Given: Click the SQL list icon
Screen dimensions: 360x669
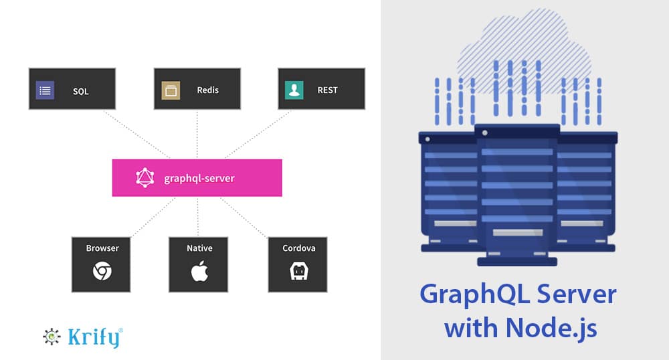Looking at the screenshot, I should coord(45,90).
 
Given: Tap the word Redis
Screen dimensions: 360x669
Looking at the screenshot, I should coord(207,90).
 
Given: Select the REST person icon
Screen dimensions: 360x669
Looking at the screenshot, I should coord(294,90).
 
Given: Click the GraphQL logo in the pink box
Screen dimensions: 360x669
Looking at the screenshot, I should coord(145,178).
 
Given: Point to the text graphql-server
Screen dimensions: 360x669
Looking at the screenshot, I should coord(199,179).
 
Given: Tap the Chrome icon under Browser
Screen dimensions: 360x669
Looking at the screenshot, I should coord(102,271).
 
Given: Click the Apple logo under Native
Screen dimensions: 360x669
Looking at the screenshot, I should coord(199,271).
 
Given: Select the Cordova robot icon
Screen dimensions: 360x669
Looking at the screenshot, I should coord(298,271).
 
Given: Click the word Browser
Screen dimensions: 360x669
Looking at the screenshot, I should coord(102,248).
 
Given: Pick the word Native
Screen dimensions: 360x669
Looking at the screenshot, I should coord(199,248).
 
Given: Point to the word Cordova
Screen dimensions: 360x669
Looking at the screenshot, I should coord(298,248).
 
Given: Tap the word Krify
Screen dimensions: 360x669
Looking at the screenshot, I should coord(94,337).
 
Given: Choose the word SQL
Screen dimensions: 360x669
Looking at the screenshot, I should coord(80,90).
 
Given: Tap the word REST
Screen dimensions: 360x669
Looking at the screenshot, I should coord(328,90).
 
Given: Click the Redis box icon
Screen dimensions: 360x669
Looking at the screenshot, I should coord(171,90).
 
